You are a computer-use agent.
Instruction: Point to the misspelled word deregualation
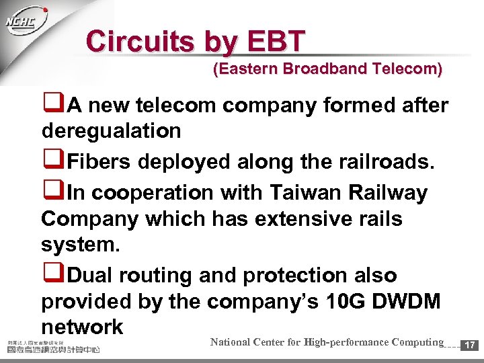111,130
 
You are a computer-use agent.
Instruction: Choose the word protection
300,276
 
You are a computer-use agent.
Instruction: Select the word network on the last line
82,327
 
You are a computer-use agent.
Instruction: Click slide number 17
471,346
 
